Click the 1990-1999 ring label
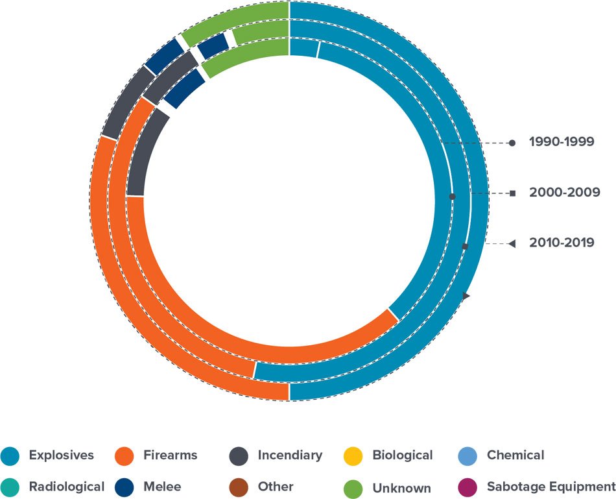pyautogui.click(x=562, y=142)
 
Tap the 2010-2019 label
pyautogui.click(x=561, y=243)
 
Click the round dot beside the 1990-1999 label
pyautogui.click(x=512, y=143)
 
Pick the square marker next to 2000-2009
pyautogui.click(x=512, y=193)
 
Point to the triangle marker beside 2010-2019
pyautogui.click(x=511, y=243)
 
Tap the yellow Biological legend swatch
pyautogui.click(x=353, y=456)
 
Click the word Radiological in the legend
pyautogui.click(x=66, y=487)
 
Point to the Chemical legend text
pyautogui.click(x=515, y=456)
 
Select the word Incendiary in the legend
pyautogui.click(x=289, y=456)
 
